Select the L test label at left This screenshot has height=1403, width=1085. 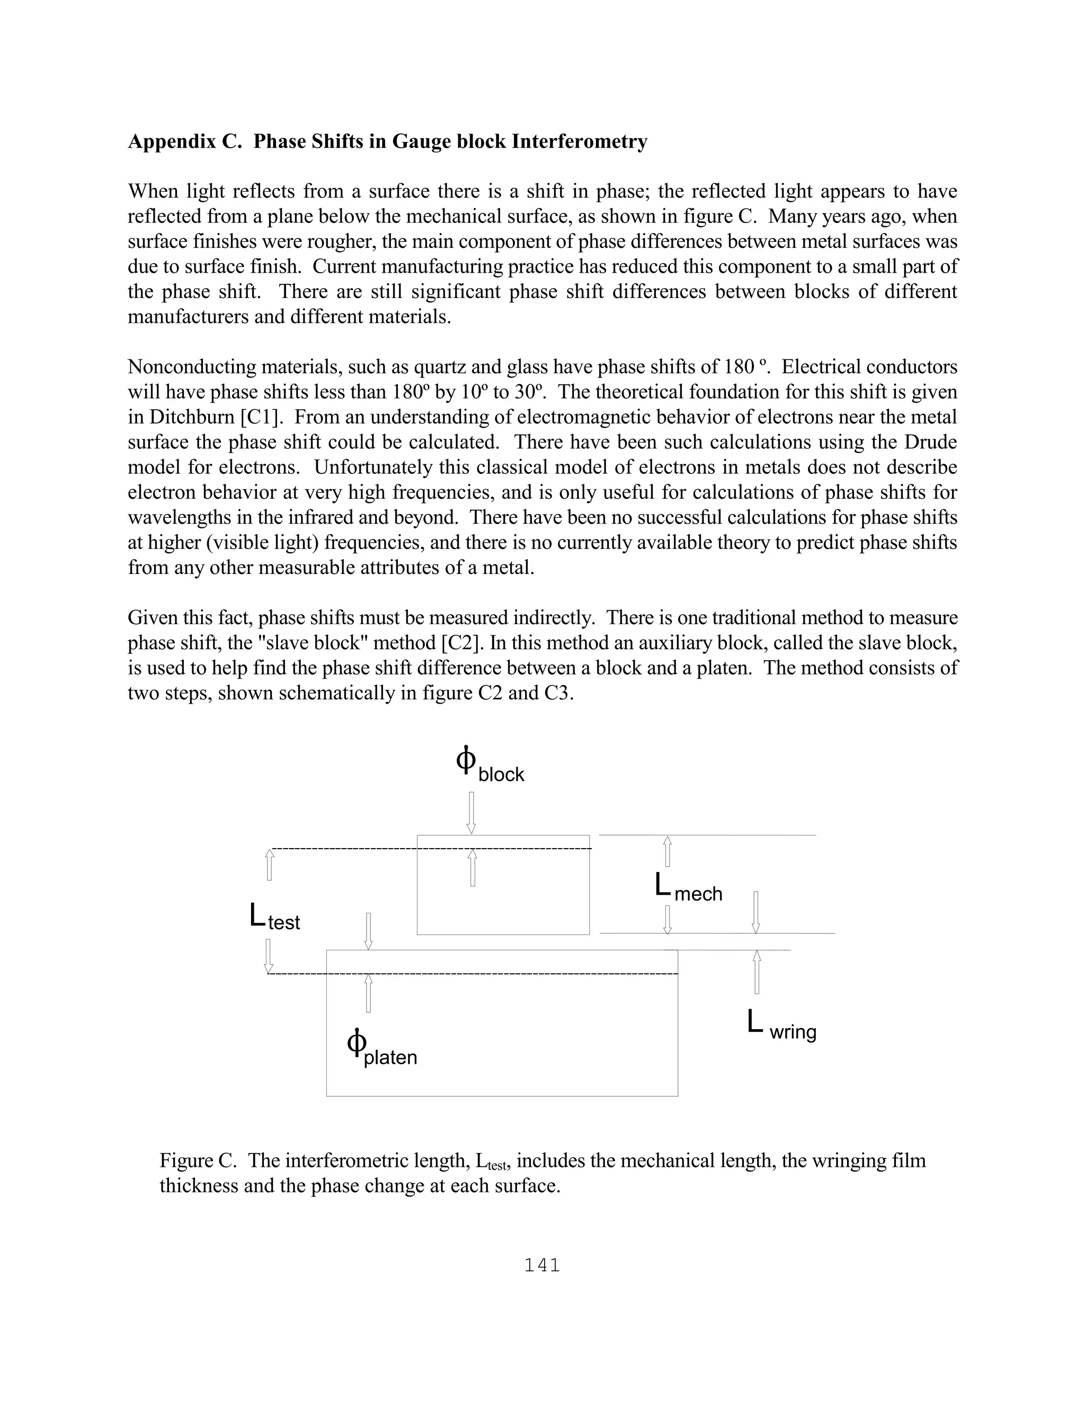(x=274, y=918)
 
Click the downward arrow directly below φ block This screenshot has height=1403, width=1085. (x=471, y=813)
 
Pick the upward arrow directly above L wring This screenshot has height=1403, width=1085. (x=757, y=972)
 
